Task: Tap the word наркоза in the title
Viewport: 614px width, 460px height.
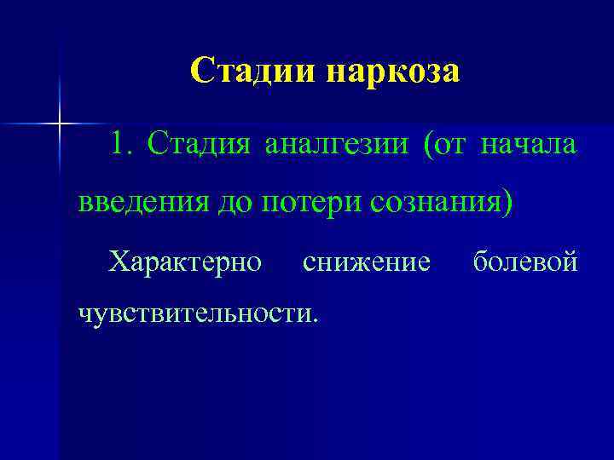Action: pyautogui.click(x=391, y=72)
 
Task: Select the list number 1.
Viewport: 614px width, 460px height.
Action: pyautogui.click(x=120, y=145)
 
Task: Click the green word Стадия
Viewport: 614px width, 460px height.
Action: pyautogui.click(x=199, y=146)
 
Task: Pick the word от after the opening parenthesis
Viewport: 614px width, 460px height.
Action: pyautogui.click(x=450, y=146)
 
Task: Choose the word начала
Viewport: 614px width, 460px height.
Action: pyautogui.click(x=530, y=146)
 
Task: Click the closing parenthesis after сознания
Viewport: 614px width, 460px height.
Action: pyautogui.click(x=509, y=204)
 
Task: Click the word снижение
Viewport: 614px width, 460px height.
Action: pyautogui.click(x=367, y=261)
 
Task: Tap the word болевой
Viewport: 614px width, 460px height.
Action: pyautogui.click(x=525, y=261)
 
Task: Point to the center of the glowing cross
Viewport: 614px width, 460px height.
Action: pyautogui.click(x=60, y=124)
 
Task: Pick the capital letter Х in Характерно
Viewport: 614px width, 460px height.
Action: pyautogui.click(x=119, y=261)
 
